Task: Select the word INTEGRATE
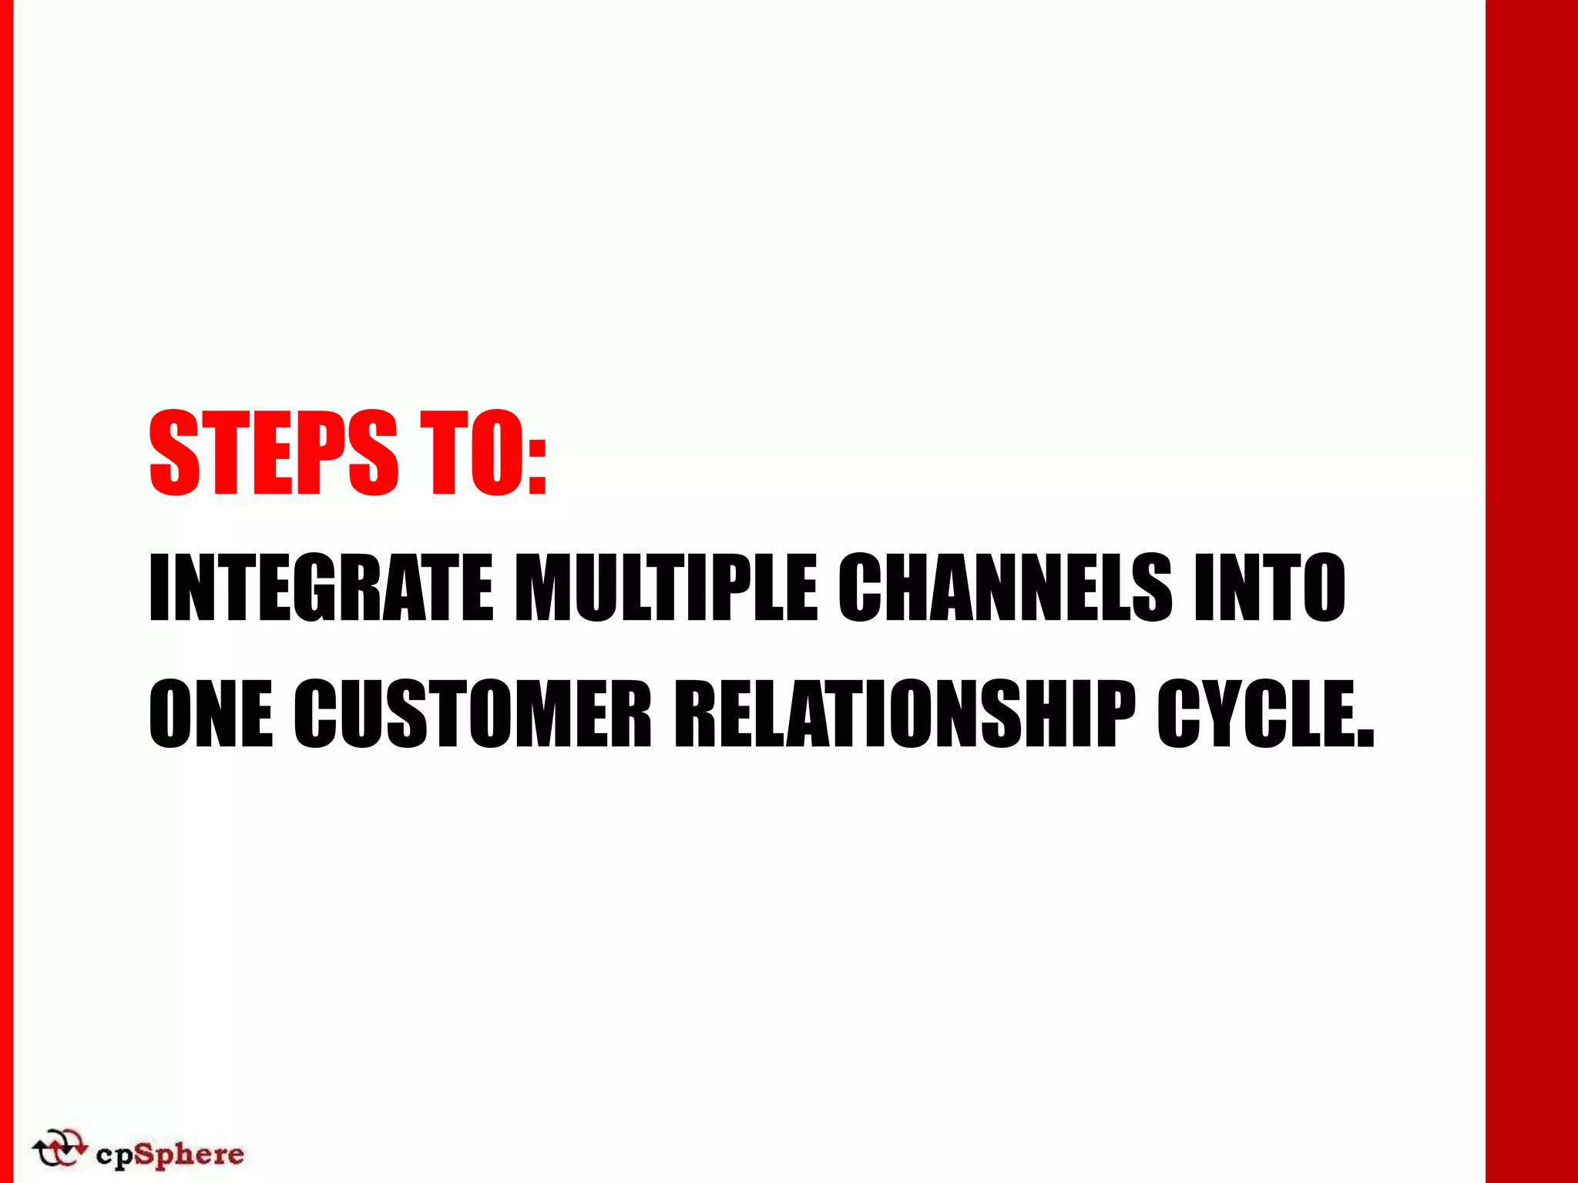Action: [321, 588]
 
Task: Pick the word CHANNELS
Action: [1006, 588]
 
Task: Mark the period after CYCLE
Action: [1365, 739]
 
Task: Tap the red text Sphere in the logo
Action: [190, 1155]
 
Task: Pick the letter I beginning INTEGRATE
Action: [159, 588]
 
